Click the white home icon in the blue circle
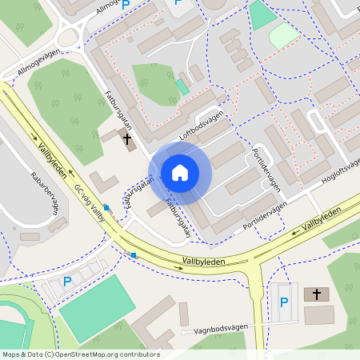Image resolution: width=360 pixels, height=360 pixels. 179,173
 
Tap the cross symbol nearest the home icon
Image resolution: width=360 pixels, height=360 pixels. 126,140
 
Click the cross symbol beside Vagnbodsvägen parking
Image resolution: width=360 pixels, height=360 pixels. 317,294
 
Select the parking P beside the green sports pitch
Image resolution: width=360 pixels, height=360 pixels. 67,282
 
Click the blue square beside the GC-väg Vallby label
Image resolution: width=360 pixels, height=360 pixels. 106,207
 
